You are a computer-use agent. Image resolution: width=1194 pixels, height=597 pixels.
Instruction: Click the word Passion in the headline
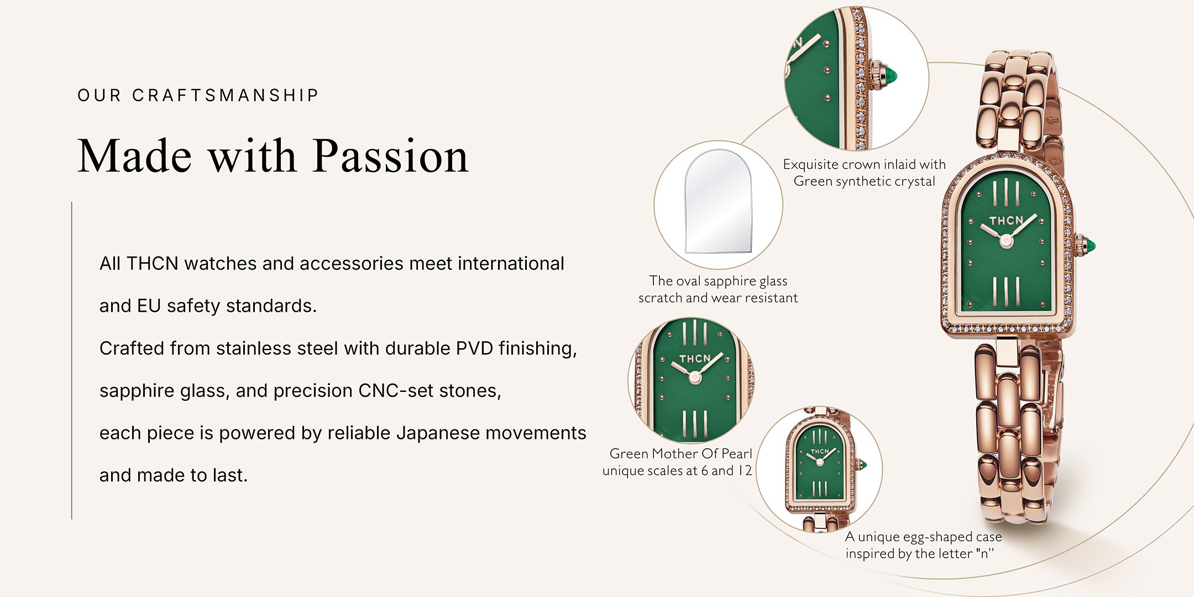click(x=391, y=156)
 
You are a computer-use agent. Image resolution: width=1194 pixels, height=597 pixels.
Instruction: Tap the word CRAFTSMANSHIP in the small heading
click(x=226, y=96)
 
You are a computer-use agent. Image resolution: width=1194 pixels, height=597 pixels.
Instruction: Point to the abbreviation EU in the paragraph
click(x=149, y=306)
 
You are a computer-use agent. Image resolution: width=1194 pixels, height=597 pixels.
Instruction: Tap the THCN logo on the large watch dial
click(x=1006, y=221)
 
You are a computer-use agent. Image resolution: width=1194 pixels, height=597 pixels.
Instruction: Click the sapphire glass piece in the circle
click(x=719, y=201)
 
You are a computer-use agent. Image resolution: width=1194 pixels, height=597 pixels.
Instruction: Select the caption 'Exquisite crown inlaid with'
click(x=864, y=165)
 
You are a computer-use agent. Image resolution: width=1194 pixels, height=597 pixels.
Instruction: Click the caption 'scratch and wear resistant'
click(x=718, y=298)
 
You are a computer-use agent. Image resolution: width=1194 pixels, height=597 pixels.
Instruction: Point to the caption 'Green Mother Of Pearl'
click(x=680, y=454)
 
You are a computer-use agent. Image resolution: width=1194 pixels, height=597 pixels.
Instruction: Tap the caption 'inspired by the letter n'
click(x=919, y=553)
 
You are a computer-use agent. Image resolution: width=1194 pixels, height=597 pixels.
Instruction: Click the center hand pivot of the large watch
click(x=1006, y=241)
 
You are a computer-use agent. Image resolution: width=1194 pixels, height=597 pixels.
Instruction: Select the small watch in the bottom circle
click(x=820, y=470)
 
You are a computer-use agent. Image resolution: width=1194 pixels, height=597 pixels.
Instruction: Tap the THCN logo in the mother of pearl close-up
click(x=694, y=359)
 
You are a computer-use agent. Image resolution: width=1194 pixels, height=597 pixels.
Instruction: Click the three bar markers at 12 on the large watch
click(x=1006, y=193)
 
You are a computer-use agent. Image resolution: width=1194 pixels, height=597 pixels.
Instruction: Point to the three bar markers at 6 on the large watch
click(x=1006, y=292)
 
